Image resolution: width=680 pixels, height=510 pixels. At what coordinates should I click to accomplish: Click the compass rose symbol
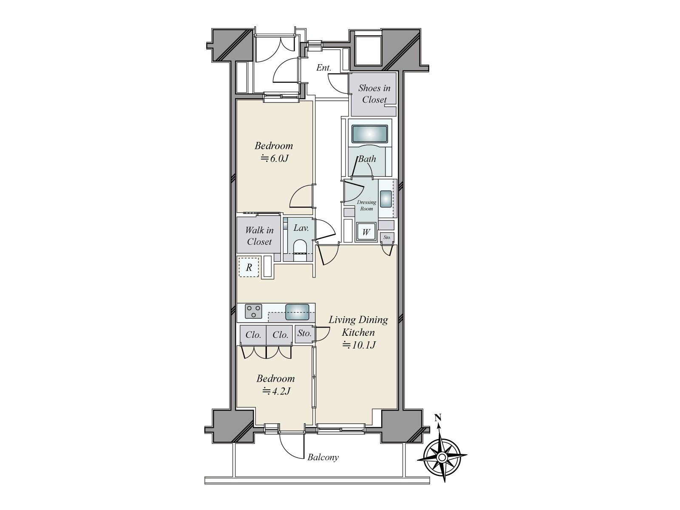point(442,457)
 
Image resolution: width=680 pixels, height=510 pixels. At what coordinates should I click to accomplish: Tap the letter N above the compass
point(438,418)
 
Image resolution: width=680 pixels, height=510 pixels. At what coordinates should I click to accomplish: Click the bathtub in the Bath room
point(370,134)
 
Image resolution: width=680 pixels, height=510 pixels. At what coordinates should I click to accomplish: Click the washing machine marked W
point(366,232)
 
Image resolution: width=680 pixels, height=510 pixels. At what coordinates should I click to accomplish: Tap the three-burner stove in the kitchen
point(253,311)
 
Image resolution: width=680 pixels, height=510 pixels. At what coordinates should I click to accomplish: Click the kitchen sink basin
point(297,312)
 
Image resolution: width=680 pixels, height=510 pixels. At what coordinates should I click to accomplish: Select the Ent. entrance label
point(323,68)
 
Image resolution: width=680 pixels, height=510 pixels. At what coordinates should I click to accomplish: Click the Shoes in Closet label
point(374,94)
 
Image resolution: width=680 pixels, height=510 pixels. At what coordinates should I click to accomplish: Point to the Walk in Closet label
point(259,236)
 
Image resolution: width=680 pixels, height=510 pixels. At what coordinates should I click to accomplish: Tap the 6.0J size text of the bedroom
point(275,159)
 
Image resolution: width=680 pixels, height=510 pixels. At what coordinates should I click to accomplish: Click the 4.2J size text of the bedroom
point(276,392)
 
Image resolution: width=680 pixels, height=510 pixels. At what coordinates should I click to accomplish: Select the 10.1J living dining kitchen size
point(359,345)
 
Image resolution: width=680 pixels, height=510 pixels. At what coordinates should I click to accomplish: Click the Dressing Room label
point(366,205)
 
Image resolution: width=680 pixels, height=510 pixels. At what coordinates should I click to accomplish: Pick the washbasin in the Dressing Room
point(386,199)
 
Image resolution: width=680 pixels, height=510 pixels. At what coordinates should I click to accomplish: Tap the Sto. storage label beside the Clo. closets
point(304,333)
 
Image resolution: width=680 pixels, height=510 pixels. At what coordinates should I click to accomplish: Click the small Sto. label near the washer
point(387,238)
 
